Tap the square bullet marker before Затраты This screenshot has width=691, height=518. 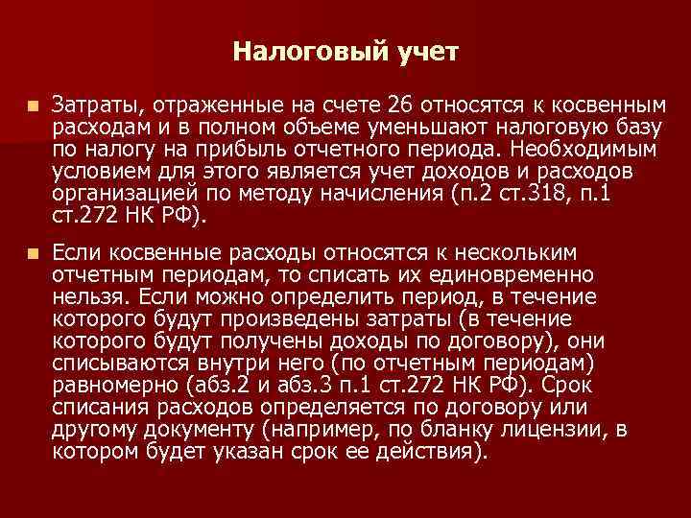(x=34, y=103)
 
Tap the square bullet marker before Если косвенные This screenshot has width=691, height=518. (x=34, y=252)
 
